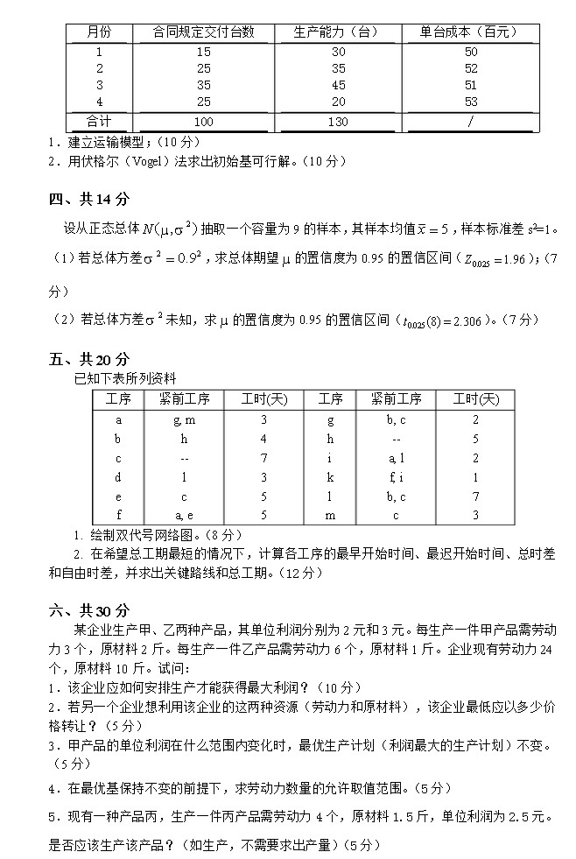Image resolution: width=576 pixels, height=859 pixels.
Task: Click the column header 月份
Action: tap(99, 32)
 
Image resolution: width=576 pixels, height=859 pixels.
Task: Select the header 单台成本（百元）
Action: tap(470, 32)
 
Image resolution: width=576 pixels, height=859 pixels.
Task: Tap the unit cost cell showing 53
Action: tap(471, 102)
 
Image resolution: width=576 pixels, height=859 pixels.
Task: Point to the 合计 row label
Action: tap(99, 120)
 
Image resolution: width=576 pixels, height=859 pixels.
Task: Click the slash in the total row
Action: tap(471, 121)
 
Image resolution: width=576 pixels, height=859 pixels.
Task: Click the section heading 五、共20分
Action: tap(88, 359)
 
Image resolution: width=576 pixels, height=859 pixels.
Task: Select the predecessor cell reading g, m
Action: tap(184, 419)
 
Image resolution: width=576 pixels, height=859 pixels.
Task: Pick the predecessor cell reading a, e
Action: tap(184, 514)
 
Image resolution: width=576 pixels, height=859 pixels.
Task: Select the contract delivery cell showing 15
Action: tap(204, 52)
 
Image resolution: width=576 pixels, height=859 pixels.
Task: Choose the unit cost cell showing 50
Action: tap(471, 52)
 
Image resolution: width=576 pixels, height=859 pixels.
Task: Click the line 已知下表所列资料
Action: tap(125, 378)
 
